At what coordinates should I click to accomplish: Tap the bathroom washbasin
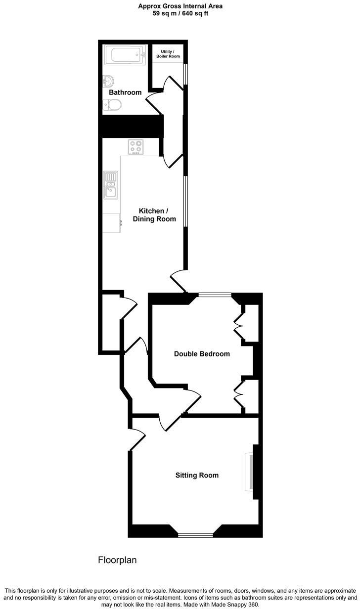[109, 81]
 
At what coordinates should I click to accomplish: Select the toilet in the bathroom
[113, 104]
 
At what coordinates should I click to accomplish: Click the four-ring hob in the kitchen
[135, 147]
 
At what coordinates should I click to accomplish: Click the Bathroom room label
[125, 92]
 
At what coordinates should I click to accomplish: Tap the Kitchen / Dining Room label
[154, 215]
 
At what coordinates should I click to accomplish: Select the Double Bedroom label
[202, 354]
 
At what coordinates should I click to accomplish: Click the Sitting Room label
[197, 476]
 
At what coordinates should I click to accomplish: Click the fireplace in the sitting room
[251, 472]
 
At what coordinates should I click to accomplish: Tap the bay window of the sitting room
[195, 534]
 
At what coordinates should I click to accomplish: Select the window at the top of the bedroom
[215, 295]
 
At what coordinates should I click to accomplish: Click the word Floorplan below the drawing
[117, 560]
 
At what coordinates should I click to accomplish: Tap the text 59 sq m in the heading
[164, 14]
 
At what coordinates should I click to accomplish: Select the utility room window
[186, 75]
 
